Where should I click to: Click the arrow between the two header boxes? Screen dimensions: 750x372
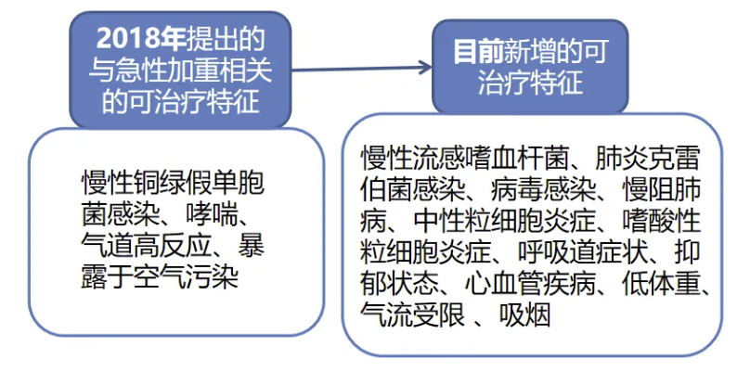[x=361, y=69]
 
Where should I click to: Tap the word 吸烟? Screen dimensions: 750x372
[x=524, y=315]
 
